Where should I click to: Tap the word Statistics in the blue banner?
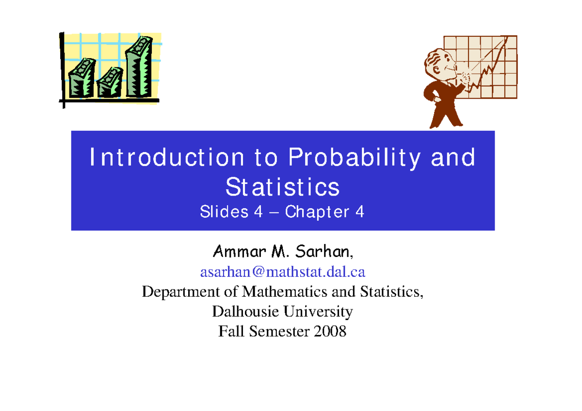(x=283, y=187)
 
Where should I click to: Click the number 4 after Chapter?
(x=359, y=212)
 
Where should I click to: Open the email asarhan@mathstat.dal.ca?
(x=283, y=272)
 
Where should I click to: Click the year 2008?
(x=330, y=331)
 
